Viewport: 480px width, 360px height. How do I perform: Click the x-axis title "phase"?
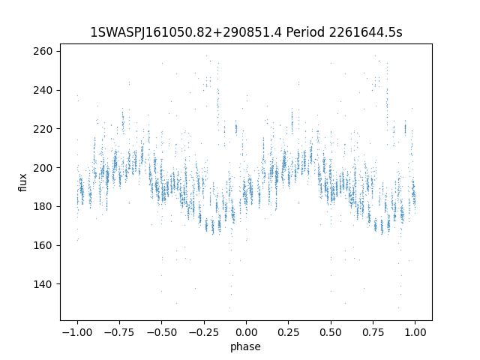pos(246,346)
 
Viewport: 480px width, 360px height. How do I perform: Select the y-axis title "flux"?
pos(23,182)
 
